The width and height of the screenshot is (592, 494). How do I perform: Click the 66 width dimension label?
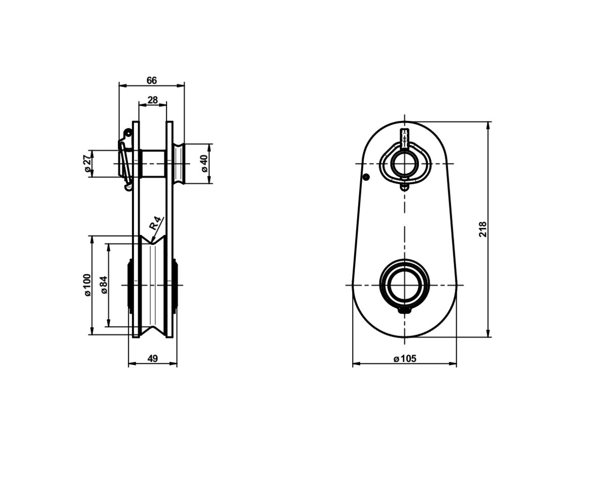(151, 80)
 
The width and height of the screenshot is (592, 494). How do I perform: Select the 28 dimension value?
(152, 100)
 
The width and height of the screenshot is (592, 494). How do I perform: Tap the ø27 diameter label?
(87, 163)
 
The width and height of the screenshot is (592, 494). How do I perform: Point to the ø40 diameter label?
(204, 163)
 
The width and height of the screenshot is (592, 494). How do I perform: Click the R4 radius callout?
(155, 223)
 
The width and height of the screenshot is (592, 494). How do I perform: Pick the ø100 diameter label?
(87, 285)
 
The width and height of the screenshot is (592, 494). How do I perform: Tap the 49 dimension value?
(152, 358)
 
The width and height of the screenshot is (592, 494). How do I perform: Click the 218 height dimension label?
(483, 229)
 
